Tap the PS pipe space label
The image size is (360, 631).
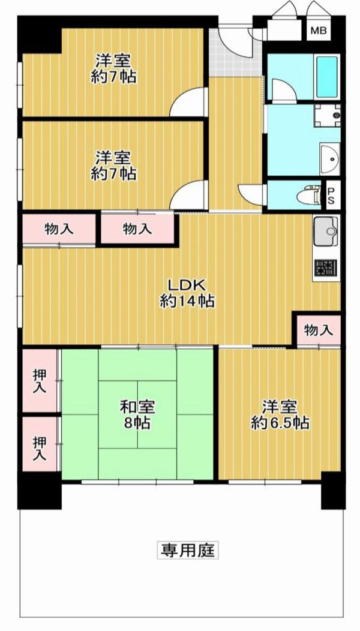(x=330, y=195)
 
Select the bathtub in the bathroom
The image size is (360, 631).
(x=326, y=76)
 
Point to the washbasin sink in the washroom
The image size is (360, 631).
(x=330, y=159)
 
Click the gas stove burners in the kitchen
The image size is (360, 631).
(x=326, y=268)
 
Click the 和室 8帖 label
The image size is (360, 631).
(x=137, y=415)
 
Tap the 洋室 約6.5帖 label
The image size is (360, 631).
(x=280, y=415)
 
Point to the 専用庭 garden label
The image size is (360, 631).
(x=187, y=549)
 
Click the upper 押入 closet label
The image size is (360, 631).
(x=40, y=381)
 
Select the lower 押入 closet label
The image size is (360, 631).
(x=40, y=449)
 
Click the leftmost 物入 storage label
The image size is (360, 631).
(x=59, y=229)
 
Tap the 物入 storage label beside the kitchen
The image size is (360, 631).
(x=319, y=330)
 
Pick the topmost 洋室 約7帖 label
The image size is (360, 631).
(x=113, y=68)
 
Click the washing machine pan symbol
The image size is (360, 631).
(x=328, y=116)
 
